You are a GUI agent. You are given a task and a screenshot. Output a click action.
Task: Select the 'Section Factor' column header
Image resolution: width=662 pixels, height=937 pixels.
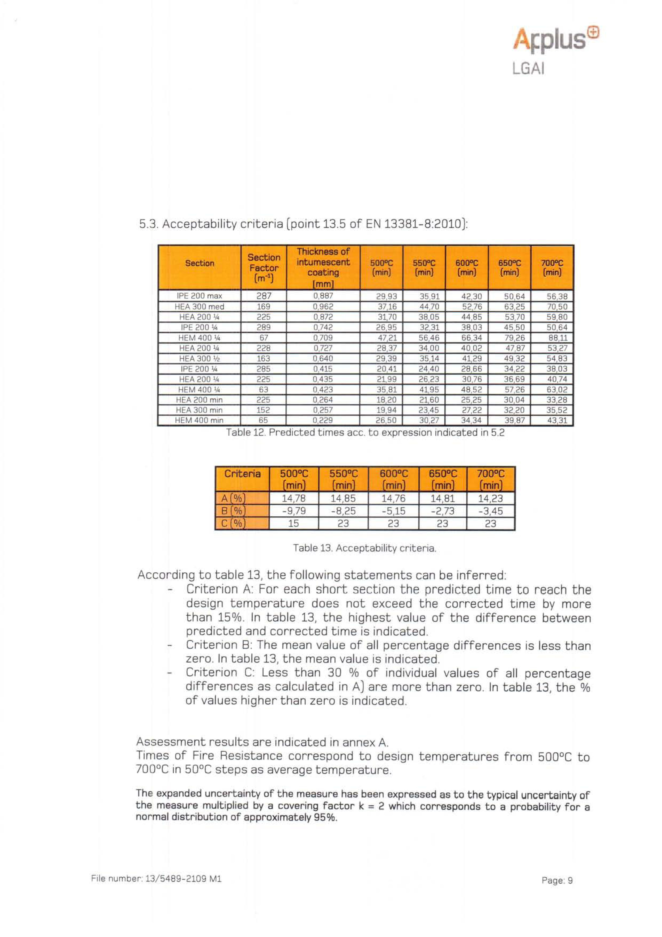264,268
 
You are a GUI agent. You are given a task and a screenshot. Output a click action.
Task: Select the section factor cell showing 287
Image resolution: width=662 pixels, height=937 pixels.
264,296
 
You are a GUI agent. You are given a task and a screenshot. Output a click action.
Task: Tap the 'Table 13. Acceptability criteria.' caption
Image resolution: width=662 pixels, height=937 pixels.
365,548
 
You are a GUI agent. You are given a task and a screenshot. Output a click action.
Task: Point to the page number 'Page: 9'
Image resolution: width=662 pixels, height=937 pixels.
557,880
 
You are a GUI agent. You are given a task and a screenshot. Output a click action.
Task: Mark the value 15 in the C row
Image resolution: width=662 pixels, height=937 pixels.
293,523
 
